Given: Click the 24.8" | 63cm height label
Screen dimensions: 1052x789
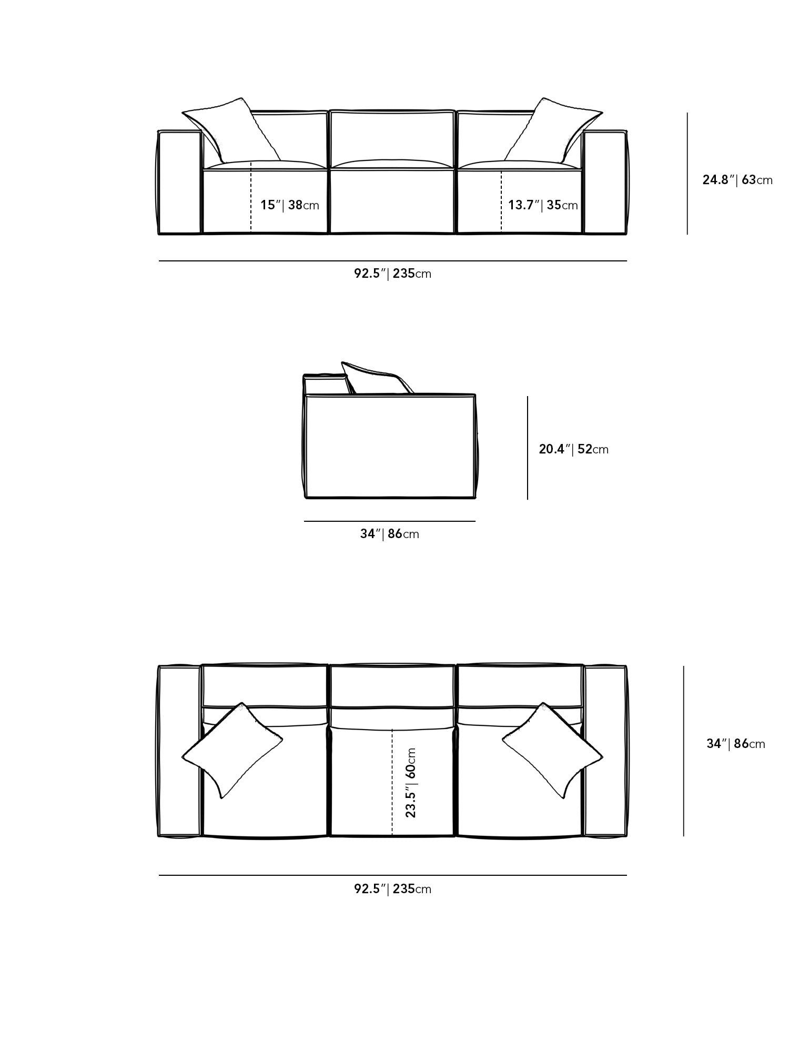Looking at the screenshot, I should coord(737,180).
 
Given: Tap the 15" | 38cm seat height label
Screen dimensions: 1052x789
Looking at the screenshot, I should coord(290,205).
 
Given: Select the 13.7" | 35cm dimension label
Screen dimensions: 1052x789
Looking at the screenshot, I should coord(543,205).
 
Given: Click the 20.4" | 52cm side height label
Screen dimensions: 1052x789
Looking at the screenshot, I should coord(573,449).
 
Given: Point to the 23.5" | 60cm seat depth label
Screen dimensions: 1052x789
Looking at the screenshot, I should coord(411,783).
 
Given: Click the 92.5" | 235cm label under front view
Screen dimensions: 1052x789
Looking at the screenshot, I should coord(392,274).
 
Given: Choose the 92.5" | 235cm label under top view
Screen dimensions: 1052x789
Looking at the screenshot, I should coord(392,889).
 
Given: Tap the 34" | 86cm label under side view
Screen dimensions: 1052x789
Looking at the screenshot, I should coord(389,534).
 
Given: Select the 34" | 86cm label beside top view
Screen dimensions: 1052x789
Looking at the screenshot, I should coord(735,744).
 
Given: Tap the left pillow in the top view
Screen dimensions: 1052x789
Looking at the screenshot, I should coord(231,750).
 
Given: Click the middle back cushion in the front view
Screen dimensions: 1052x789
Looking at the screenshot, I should coord(392,138).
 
